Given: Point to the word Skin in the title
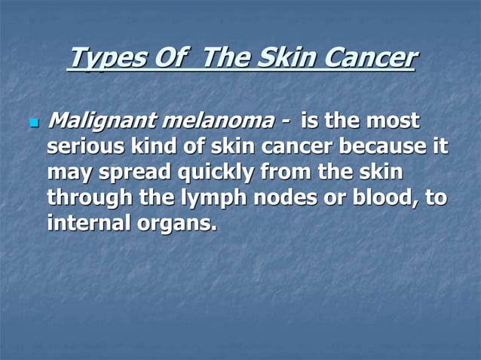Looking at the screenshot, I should pyautogui.click(x=286, y=57).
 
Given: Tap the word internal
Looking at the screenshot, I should pyautogui.click(x=90, y=224).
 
